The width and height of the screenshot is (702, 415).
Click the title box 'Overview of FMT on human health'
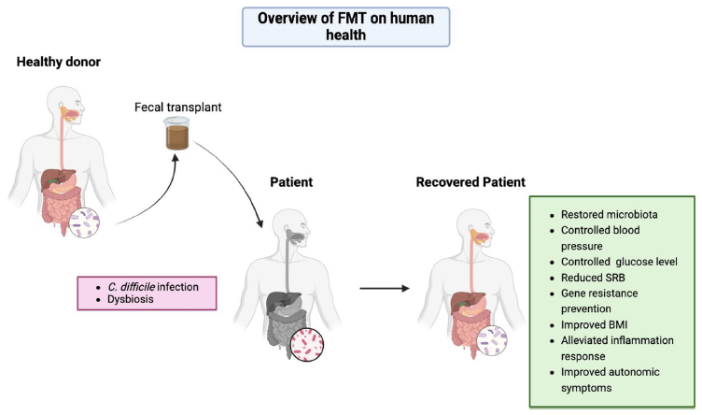pyautogui.click(x=345, y=27)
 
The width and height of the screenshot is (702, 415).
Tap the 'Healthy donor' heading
pyautogui.click(x=59, y=62)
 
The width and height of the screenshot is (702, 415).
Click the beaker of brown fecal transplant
pyautogui.click(x=176, y=133)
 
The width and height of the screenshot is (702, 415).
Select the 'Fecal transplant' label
pyautogui.click(x=177, y=107)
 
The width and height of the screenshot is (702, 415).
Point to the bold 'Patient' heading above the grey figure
pyautogui.click(x=291, y=182)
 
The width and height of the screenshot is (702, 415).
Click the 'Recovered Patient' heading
pyautogui.click(x=470, y=182)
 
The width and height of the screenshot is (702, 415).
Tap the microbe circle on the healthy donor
pyautogui.click(x=84, y=222)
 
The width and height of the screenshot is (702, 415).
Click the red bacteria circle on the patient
pyautogui.click(x=307, y=345)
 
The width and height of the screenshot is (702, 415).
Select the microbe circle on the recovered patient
pyautogui.click(x=492, y=340)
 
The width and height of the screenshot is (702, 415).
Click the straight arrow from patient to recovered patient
pyautogui.click(x=385, y=288)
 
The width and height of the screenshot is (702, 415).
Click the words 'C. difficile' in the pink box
pyautogui.click(x=132, y=287)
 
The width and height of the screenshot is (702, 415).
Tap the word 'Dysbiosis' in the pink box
pyautogui.click(x=131, y=299)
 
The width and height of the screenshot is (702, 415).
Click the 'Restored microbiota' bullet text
pyautogui.click(x=610, y=215)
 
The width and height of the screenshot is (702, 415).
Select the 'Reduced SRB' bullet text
pyautogui.click(x=593, y=278)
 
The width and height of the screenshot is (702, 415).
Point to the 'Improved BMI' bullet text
pyautogui.click(x=594, y=325)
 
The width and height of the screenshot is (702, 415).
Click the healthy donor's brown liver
pyautogui.click(x=55, y=179)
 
